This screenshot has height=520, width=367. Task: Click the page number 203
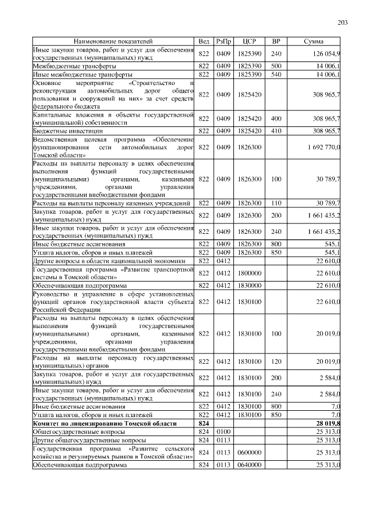tap(343, 22)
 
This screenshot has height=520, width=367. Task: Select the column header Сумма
tap(313, 42)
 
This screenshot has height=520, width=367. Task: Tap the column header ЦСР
tap(249, 42)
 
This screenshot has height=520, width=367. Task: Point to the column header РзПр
tap(223, 42)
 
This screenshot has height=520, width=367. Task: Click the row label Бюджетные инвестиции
tap(63, 131)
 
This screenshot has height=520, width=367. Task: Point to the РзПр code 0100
tap(223, 432)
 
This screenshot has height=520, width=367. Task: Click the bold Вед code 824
tap(204, 423)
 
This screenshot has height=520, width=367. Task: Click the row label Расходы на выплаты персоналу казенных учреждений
tap(112, 203)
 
